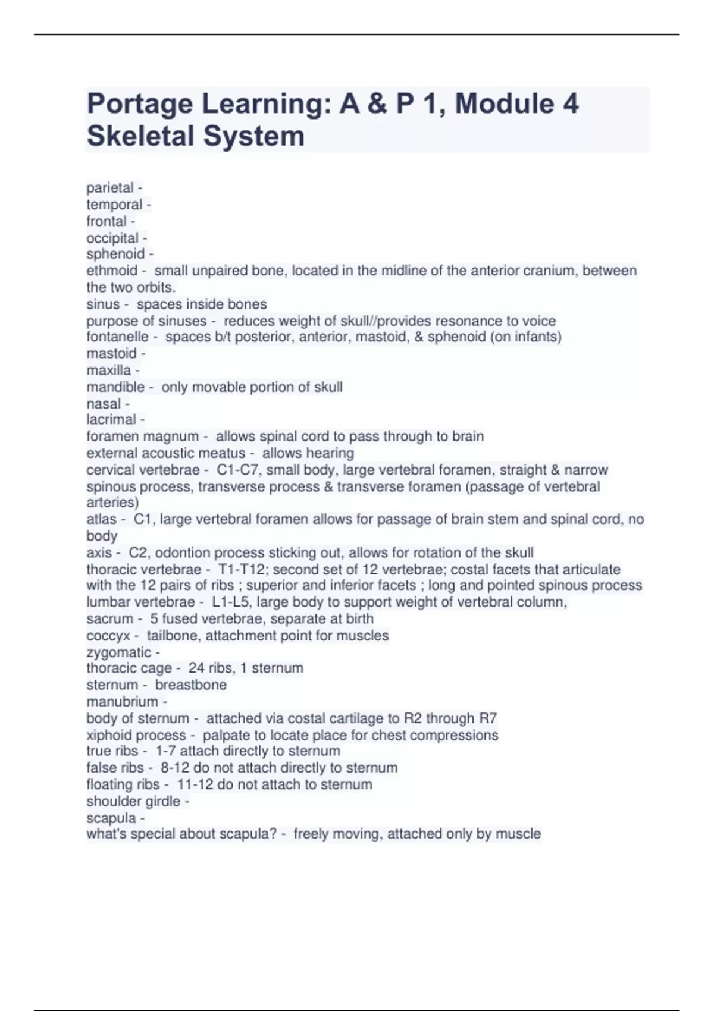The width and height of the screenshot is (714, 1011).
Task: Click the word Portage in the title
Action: click(x=139, y=105)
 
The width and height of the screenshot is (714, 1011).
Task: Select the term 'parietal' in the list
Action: click(x=110, y=188)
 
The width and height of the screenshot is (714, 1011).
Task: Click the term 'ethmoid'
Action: click(x=112, y=271)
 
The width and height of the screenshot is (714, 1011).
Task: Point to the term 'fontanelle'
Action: click(x=117, y=337)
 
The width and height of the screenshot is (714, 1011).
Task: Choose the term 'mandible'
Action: click(x=115, y=387)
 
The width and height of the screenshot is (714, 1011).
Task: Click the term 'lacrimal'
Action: click(x=111, y=420)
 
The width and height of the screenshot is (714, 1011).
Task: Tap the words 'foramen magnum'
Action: click(x=142, y=437)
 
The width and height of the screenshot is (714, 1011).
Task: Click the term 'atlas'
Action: click(x=101, y=519)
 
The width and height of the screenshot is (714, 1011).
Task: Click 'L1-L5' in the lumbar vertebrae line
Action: click(x=232, y=602)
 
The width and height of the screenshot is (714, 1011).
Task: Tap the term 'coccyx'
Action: click(x=108, y=636)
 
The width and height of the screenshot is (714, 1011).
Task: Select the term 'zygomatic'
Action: click(x=118, y=652)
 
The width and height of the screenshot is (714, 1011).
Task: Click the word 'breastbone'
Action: click(x=190, y=685)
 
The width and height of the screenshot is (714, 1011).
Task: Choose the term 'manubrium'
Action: click(x=122, y=702)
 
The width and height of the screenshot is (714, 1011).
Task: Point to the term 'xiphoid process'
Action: click(x=136, y=735)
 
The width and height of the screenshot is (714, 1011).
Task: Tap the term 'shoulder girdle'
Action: click(x=133, y=802)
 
